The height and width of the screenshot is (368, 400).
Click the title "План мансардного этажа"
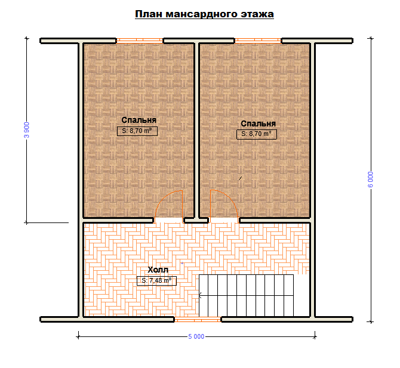point(204,14)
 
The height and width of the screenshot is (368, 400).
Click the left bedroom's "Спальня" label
point(139,120)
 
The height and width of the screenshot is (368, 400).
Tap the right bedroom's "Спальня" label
point(258,123)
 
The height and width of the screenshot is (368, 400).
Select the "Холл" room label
point(158,270)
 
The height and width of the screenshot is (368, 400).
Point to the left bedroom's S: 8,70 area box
point(137,131)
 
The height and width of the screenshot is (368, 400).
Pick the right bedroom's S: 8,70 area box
point(257,134)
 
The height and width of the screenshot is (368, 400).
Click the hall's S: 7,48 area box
point(156,280)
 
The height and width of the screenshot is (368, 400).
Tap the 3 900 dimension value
point(26,130)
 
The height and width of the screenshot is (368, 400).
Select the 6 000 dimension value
point(370,180)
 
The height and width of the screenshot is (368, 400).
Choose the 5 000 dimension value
point(196,336)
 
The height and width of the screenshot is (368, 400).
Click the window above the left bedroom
point(140,41)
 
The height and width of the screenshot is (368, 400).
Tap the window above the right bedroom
point(258,41)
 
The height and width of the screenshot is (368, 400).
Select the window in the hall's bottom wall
point(198,319)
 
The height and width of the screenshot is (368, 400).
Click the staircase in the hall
point(246,296)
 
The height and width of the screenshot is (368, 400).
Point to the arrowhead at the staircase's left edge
point(200,296)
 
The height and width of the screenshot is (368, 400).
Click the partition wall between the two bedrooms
point(196,130)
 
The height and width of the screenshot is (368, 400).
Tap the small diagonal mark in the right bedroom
point(240,178)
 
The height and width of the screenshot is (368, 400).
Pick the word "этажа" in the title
point(257,14)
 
